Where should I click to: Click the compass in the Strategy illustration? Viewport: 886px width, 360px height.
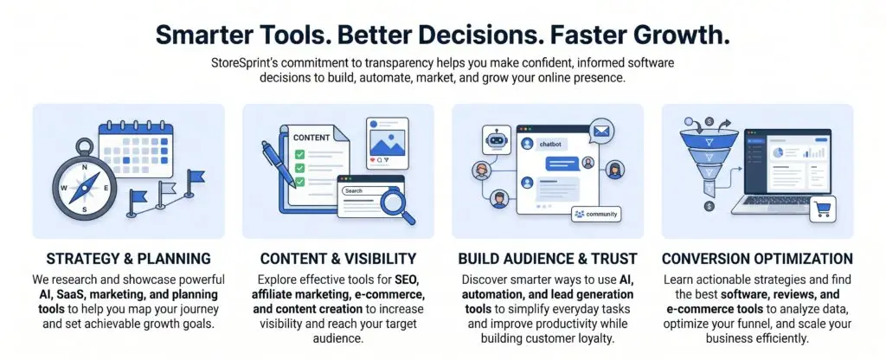(x=84, y=183)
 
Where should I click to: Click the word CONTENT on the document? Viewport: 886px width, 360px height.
(x=311, y=138)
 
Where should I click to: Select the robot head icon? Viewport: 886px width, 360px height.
(x=497, y=139)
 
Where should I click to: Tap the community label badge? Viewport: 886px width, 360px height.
(x=595, y=215)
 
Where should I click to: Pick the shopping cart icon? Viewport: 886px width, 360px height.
(x=823, y=209)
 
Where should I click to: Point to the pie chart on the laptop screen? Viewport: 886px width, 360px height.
(x=778, y=152)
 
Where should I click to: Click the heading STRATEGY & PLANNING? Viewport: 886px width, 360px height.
(x=128, y=260)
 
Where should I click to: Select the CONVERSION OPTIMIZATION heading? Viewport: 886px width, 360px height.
(x=757, y=260)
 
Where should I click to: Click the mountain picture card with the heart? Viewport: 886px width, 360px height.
(x=387, y=142)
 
